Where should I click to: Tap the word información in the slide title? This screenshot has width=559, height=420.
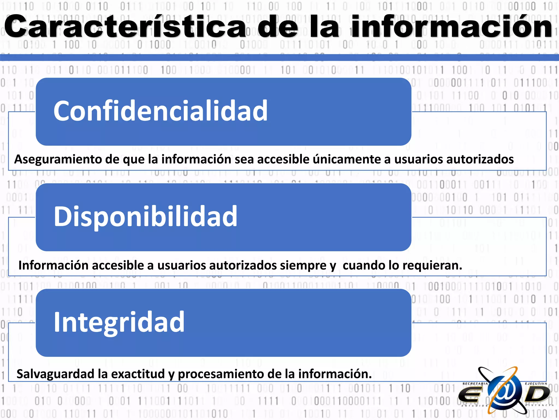pos(452,27)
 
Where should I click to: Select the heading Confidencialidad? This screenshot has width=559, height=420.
pos(160,111)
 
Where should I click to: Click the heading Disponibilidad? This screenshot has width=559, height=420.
pos(145,216)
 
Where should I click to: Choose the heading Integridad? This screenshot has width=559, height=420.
pos(119,322)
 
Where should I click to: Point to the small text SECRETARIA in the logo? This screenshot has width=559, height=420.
pos(475,384)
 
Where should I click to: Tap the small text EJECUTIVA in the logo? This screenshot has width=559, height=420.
pos(536,384)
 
